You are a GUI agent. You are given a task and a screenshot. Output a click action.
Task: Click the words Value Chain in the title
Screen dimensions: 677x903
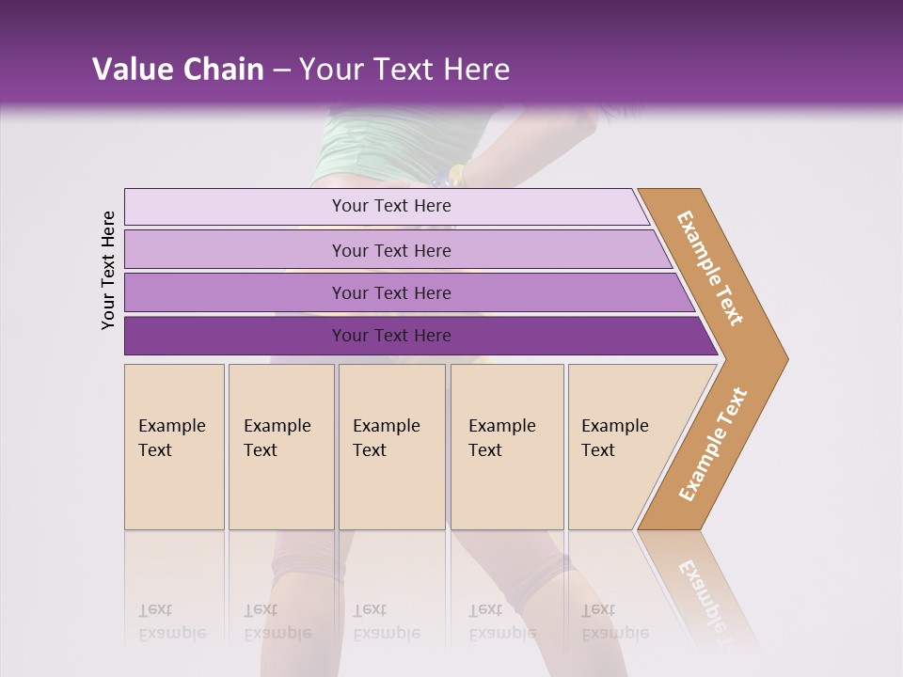click(178, 70)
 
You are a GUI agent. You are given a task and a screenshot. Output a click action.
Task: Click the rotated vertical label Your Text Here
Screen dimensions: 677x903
click(108, 270)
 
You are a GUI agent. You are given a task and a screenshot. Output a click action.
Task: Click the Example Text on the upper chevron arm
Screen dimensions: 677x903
click(710, 268)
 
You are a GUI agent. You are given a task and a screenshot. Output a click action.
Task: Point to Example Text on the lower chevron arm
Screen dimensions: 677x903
click(713, 445)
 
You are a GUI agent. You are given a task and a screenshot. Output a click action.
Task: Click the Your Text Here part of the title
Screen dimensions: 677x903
click(404, 70)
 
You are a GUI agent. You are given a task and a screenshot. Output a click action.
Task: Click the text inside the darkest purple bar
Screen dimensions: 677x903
click(391, 336)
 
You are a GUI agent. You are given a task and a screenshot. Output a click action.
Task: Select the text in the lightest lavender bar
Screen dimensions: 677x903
click(391, 206)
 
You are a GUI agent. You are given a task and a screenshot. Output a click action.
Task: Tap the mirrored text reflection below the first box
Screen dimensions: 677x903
click(172, 622)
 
